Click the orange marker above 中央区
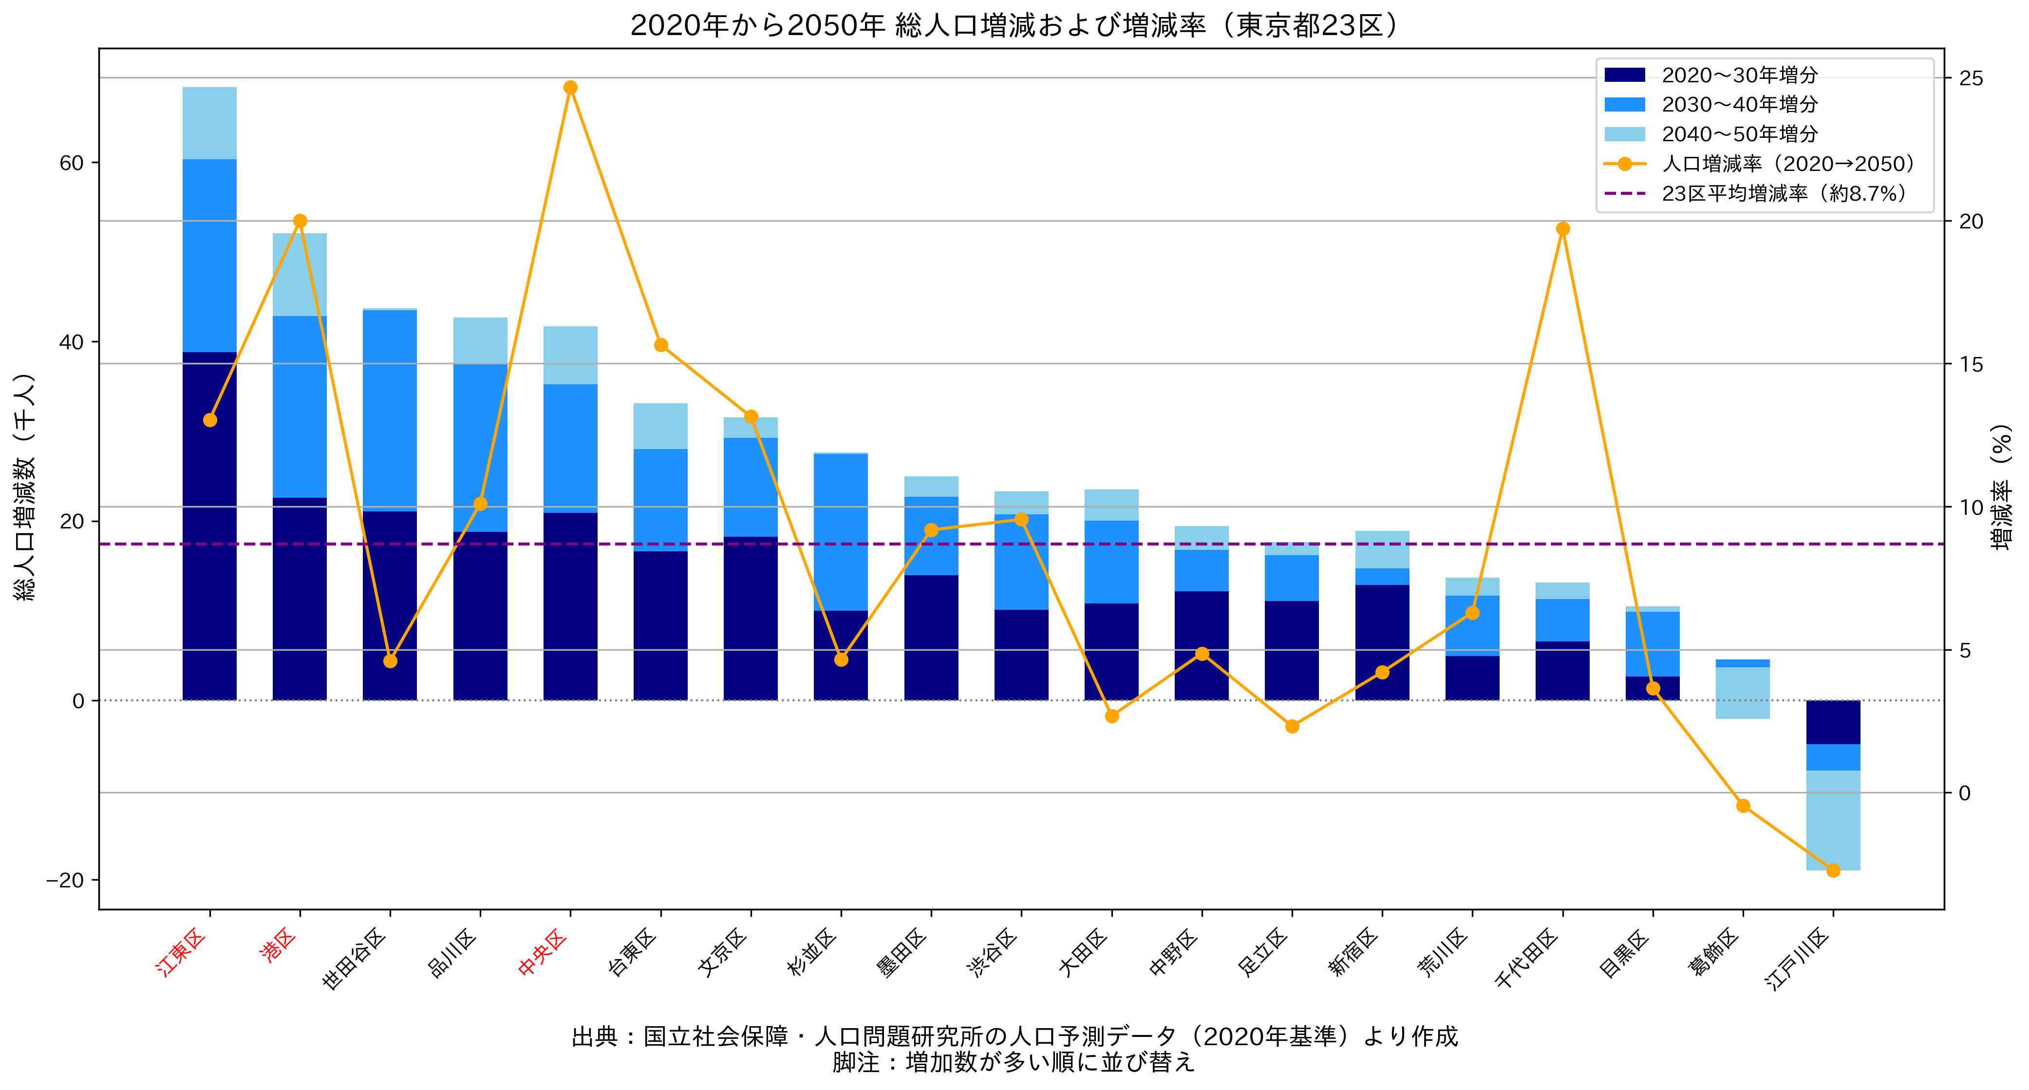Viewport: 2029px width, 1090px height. (x=570, y=87)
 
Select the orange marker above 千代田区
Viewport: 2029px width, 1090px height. (x=1563, y=229)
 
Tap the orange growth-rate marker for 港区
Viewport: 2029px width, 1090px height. (x=300, y=221)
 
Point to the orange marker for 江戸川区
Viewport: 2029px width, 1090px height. (x=1833, y=870)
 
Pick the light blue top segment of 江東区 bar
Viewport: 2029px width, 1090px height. (x=209, y=124)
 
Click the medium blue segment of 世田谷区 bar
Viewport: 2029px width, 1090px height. (x=390, y=410)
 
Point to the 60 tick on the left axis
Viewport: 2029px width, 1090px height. (x=72, y=163)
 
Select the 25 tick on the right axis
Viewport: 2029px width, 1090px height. (x=1971, y=78)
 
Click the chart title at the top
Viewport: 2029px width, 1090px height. (x=1014, y=25)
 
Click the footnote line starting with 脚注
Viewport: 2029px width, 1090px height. (x=1014, y=1062)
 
